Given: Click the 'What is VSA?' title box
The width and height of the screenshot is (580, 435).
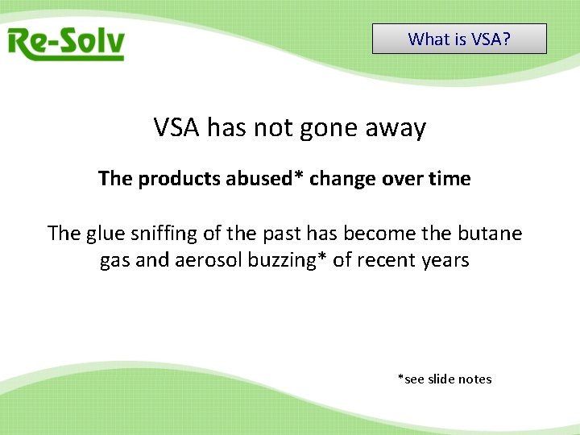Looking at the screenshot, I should (x=459, y=39).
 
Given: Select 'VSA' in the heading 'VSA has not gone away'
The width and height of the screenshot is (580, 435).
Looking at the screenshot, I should (x=176, y=127).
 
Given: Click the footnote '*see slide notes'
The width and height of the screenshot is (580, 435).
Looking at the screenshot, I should (x=445, y=379).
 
